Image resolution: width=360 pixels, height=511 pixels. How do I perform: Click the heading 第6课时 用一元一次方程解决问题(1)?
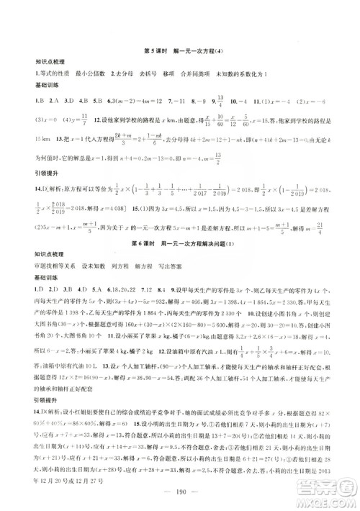tap(180, 255)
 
